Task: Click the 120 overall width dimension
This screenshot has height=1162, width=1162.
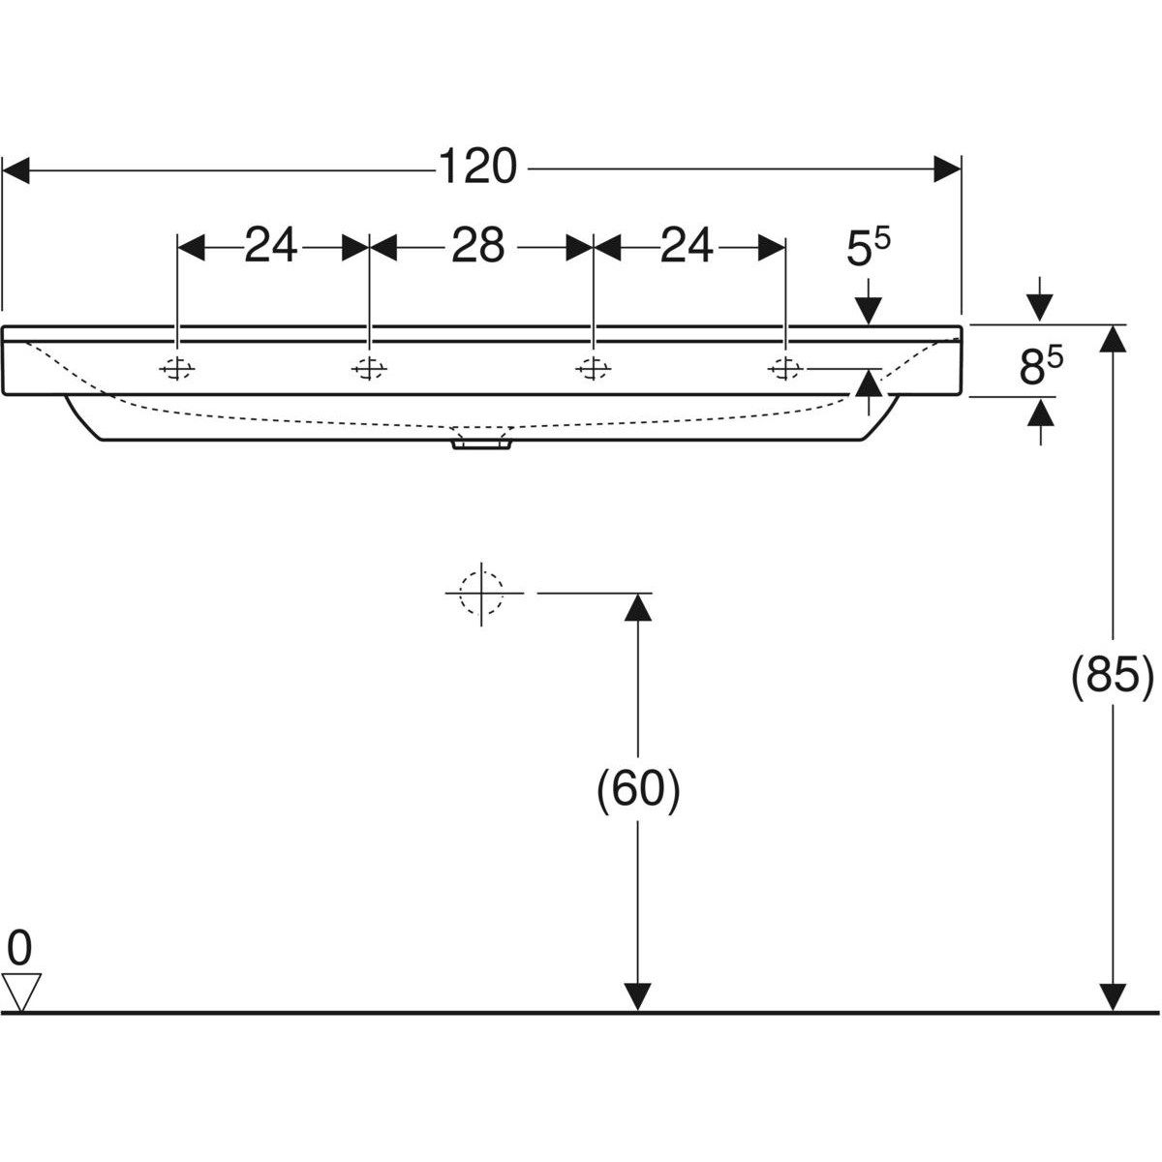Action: tap(477, 168)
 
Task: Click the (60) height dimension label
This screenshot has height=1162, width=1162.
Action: tap(637, 790)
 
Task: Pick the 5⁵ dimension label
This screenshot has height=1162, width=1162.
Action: tap(869, 249)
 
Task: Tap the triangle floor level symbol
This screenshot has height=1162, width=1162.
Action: tap(20, 992)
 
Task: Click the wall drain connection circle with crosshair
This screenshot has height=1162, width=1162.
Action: tap(481, 592)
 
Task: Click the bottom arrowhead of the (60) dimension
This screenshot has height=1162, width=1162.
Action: tap(637, 996)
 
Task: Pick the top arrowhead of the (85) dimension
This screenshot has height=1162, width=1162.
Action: tap(1114, 339)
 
